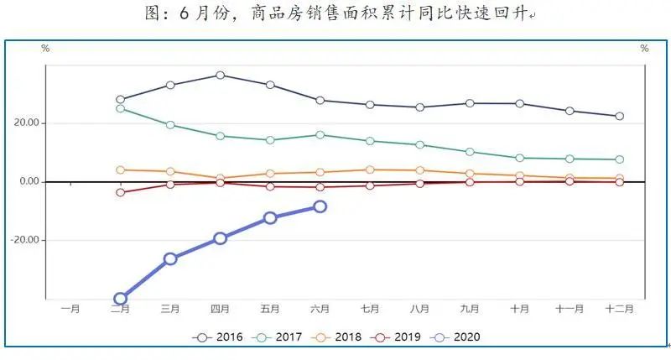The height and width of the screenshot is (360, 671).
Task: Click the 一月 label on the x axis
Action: [70, 309]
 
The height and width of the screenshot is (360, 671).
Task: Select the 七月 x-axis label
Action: [370, 309]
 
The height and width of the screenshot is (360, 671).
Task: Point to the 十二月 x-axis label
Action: [619, 309]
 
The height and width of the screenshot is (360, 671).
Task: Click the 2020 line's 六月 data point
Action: [320, 206]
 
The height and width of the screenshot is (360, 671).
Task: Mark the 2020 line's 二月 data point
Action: [120, 298]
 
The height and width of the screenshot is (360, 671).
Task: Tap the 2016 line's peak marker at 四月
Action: [220, 76]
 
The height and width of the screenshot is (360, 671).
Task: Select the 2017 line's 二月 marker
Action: [120, 108]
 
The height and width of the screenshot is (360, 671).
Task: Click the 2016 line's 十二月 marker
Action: [619, 116]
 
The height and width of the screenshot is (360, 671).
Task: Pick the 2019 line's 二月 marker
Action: [120, 192]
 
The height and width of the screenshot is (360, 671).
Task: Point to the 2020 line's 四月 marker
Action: [220, 238]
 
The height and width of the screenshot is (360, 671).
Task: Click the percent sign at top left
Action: [45, 49]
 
